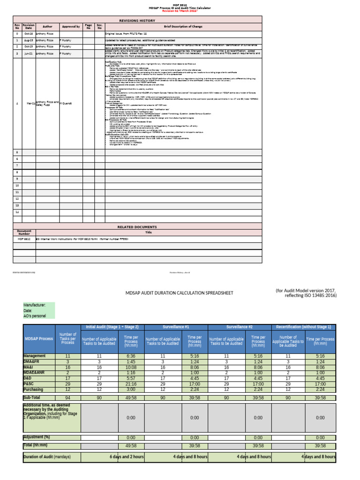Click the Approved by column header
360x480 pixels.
click(x=70, y=27)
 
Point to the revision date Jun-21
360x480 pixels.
click(x=29, y=54)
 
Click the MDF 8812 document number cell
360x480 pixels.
click(x=24, y=239)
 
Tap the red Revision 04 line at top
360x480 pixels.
click(x=180, y=11)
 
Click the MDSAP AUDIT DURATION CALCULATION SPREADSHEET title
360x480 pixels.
click(x=180, y=293)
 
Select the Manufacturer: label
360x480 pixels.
click(x=35, y=305)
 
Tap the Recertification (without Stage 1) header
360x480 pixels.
click(x=303, y=327)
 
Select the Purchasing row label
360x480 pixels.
click(x=34, y=389)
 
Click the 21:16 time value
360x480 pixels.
click(x=131, y=383)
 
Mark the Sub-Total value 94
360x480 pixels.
click(x=67, y=397)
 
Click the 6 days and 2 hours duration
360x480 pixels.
click(x=127, y=457)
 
